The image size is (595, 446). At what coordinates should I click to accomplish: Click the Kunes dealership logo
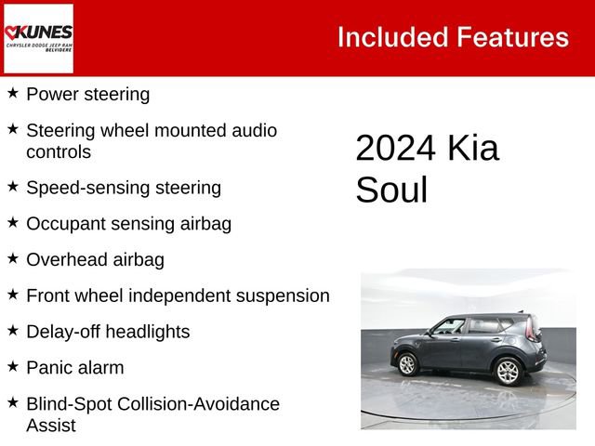(39, 38)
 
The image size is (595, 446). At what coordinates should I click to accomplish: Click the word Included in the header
(391, 37)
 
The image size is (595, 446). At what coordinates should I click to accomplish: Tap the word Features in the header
(512, 37)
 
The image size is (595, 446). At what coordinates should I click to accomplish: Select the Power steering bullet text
(87, 94)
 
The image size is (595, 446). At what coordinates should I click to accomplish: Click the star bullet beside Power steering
(13, 93)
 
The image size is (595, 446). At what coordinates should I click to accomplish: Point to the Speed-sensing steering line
(124, 188)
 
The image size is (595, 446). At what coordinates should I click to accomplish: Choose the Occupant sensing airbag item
(128, 224)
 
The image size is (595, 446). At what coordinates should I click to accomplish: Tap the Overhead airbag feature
(95, 260)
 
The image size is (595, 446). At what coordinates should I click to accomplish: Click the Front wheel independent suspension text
(178, 295)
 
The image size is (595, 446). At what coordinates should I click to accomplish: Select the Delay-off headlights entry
(108, 332)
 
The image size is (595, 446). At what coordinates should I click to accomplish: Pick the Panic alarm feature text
(74, 368)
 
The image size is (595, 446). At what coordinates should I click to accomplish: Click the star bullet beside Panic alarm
(13, 367)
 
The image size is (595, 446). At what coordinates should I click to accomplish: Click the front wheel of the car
(407, 364)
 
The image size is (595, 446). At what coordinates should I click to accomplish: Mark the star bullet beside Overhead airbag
(13, 258)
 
